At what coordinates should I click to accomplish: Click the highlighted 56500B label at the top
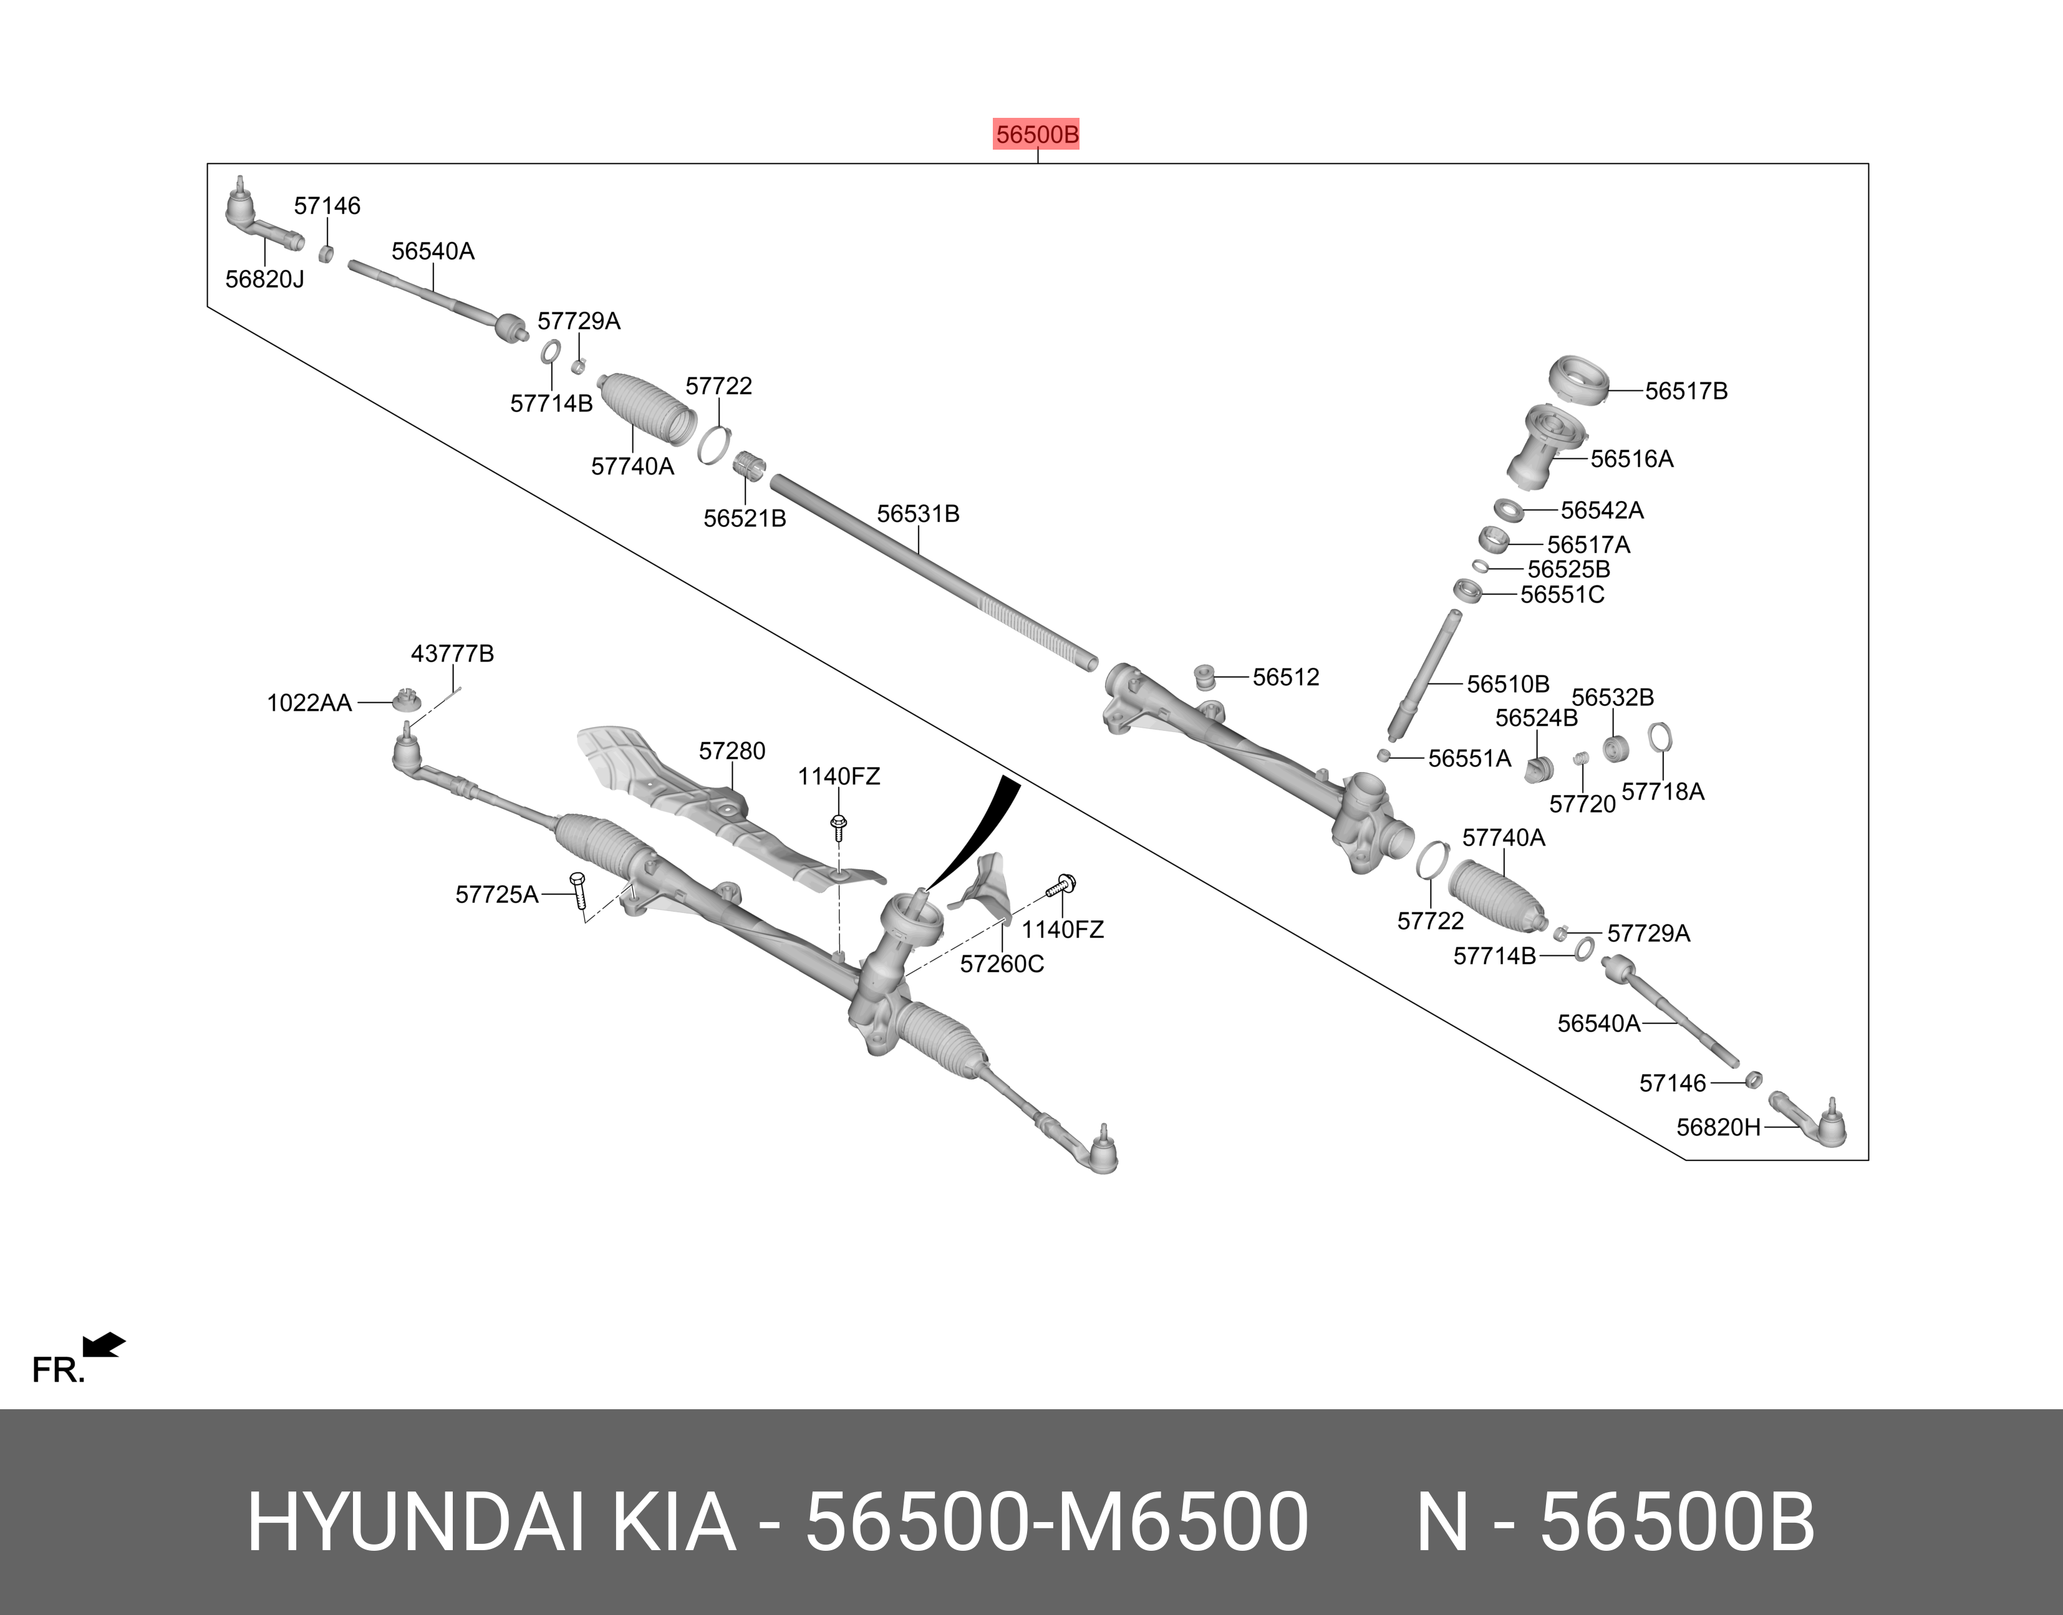[x=1037, y=135]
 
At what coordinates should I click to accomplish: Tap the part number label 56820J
[x=264, y=280]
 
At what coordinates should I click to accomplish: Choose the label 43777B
[x=452, y=654]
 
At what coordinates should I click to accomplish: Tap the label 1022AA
[x=309, y=703]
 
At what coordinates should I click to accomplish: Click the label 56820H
[x=1719, y=1127]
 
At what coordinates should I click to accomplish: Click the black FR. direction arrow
[x=104, y=1344]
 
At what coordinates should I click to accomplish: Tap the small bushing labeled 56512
[x=1204, y=678]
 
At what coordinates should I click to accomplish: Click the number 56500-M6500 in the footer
[x=1056, y=1523]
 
